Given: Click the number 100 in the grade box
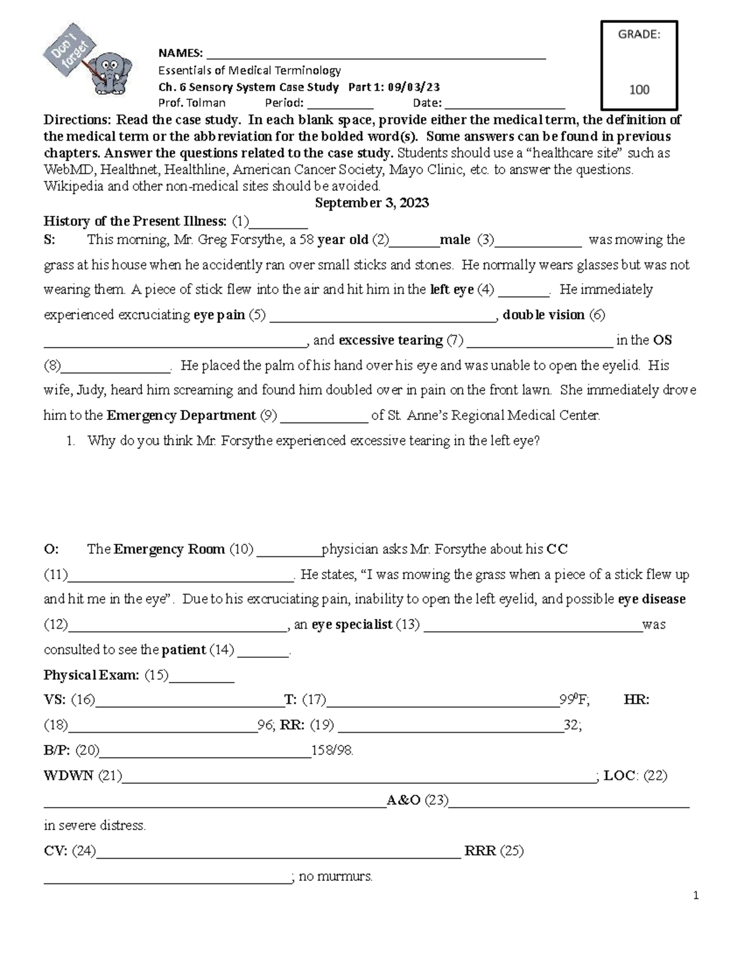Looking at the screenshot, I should coord(639,90).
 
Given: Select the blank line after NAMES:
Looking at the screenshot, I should coord(376,53).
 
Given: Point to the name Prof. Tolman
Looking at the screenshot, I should coord(192,103).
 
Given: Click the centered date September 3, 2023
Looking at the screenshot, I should coord(372,203).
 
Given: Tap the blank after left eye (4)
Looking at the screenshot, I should coord(524,291).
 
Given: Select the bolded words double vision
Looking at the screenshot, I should coord(544,315).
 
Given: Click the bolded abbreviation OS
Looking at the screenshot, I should coord(662,340).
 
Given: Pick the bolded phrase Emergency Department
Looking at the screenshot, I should coord(181,415).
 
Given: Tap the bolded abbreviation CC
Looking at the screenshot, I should coord(557,549).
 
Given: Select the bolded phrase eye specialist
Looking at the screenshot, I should coord(352,624).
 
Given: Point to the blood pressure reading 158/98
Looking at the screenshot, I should coord(332,751).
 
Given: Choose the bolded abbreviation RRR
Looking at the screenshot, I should coord(480,851).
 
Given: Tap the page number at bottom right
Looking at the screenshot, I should coord(696,895).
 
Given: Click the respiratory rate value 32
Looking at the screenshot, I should coord(572,725).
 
